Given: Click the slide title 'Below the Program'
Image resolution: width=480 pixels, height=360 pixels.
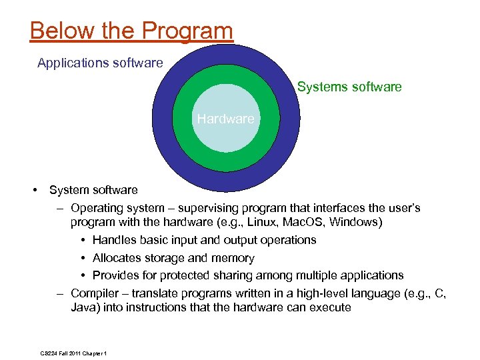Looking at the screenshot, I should point(131,31).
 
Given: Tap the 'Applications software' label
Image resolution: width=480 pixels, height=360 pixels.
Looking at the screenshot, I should point(100,63).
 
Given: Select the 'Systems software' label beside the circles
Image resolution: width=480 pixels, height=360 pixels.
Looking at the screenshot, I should point(349,87).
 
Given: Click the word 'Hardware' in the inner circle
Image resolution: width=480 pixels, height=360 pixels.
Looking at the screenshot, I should point(225,119).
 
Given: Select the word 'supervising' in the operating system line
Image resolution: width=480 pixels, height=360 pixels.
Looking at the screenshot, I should point(199,208).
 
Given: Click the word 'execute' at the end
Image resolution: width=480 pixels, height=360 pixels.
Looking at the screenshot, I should point(330,307).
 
